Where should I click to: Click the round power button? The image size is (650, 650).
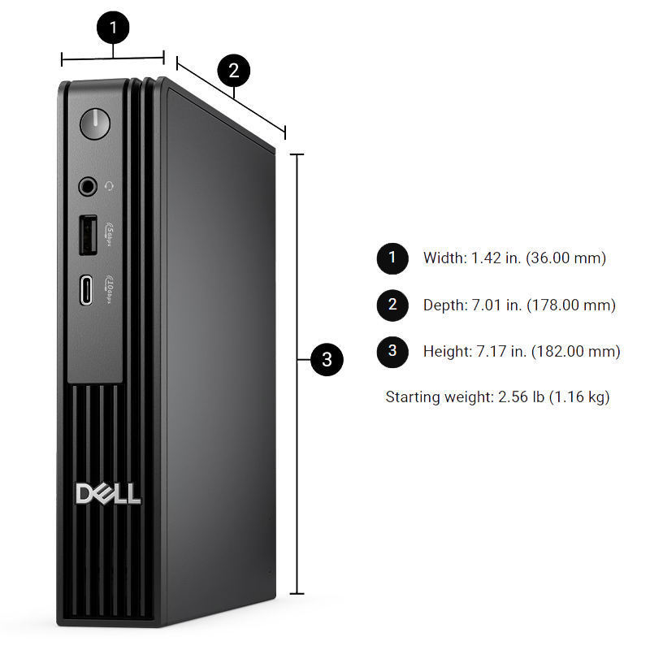coord(95,124)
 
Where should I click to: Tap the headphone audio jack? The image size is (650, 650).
coord(88,187)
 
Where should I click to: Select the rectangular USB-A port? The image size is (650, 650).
coord(89,235)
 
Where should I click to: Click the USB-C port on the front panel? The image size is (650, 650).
coord(86,290)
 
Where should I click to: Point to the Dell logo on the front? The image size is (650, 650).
coord(108,494)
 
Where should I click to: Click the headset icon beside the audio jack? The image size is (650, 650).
coord(109,187)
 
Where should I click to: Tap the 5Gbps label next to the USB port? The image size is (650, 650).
coord(109,235)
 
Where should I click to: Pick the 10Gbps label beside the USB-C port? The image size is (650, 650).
coord(109,289)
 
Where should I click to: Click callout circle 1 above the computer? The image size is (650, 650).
coord(113,28)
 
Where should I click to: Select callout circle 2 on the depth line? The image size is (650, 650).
coord(234,71)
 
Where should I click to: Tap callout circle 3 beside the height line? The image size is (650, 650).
coord(327,359)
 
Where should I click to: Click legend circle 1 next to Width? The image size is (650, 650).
coord(392,258)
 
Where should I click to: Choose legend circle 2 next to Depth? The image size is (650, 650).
coord(392,305)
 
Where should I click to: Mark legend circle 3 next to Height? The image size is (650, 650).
coord(392,352)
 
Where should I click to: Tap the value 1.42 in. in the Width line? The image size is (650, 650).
coord(496,258)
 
